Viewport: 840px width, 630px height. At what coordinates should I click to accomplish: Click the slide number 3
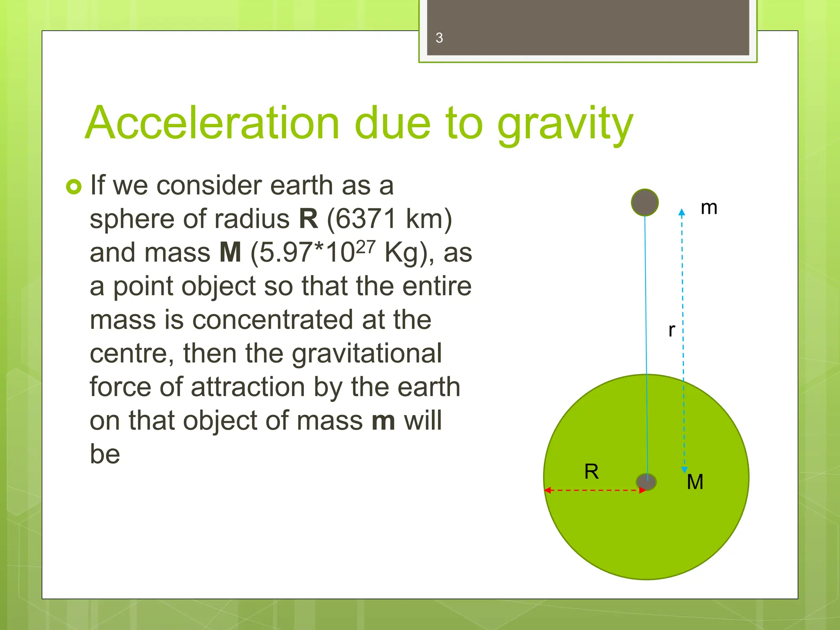tap(439, 38)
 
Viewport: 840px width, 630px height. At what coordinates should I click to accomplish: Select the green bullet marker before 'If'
tap(74, 187)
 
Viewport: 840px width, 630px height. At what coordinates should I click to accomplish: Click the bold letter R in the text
tap(308, 219)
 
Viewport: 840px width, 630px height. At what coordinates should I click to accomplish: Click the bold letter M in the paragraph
tap(230, 253)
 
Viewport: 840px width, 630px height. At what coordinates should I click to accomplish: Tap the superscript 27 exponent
tap(365, 247)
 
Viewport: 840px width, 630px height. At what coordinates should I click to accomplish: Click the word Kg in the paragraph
tap(402, 253)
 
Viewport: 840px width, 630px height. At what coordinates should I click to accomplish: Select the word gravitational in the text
tap(366, 354)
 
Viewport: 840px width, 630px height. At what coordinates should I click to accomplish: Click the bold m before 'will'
tap(383, 421)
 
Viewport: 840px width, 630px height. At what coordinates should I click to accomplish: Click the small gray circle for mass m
tap(645, 203)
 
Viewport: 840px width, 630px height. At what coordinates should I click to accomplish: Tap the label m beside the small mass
tap(709, 208)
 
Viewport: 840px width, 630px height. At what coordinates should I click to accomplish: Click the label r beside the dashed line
tap(671, 330)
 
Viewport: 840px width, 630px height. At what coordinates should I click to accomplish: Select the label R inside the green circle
tap(591, 472)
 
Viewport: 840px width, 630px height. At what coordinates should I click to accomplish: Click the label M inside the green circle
tap(695, 482)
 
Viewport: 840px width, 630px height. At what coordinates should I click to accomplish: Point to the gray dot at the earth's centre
tap(646, 482)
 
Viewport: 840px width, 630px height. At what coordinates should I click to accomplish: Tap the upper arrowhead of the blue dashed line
tap(682, 212)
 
